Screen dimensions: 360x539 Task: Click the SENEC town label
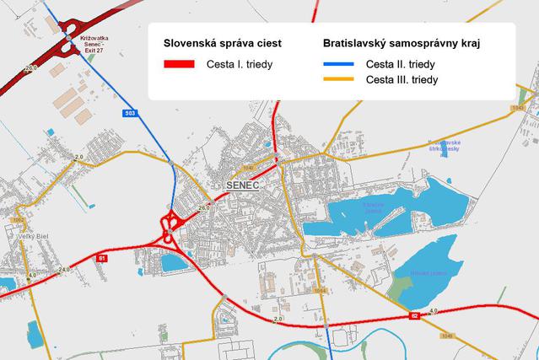coord(241,184)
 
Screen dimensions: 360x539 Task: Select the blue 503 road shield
coord(129,112)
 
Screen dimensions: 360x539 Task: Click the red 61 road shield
coord(103,258)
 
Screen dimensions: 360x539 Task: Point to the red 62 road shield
coord(415,316)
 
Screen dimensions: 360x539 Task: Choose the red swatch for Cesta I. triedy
coord(179,64)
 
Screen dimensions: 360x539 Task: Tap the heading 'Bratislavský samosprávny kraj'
coord(396,42)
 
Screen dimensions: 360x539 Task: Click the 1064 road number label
coord(320,291)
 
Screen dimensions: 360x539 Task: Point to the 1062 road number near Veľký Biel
coord(17,219)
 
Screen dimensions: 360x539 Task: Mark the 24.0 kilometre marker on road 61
coord(64,270)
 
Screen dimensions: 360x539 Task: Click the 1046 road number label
coord(446,336)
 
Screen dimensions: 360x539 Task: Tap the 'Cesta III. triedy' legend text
coord(402,80)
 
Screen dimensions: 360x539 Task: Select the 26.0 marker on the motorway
coord(32,67)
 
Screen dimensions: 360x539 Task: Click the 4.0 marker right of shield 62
coord(434,311)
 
